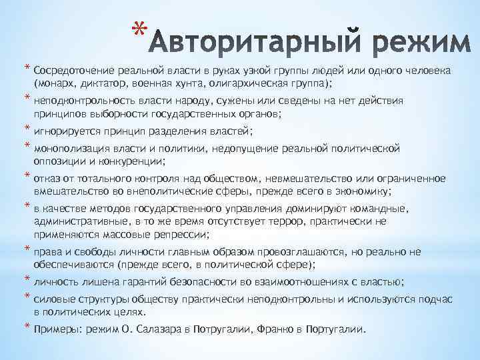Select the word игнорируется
(x=65, y=132)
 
